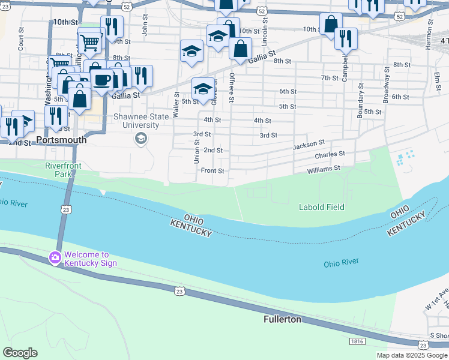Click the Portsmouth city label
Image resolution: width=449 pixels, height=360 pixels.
coord(61,140)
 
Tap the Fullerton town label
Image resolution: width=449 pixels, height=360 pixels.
coord(282,319)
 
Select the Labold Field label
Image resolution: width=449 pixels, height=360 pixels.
coord(322,207)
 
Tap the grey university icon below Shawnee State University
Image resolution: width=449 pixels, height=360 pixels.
coord(141,139)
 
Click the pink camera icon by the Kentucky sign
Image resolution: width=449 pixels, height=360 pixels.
coord(55,257)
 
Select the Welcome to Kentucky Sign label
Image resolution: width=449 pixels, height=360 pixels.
coord(91,258)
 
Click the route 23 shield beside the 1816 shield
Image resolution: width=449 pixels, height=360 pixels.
coord(424,344)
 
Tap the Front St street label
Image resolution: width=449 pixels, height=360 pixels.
coord(212,170)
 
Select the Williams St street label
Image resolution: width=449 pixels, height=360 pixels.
coord(324,170)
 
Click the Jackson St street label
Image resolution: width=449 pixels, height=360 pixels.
coord(309,145)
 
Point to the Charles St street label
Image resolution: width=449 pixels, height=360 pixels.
coord(330,155)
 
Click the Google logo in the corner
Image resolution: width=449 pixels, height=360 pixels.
coord(20,353)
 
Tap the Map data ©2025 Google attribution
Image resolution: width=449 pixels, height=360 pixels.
coord(411,355)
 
